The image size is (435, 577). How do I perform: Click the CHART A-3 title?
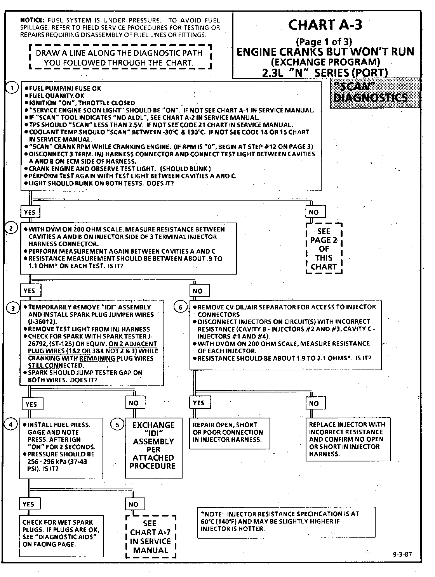click(325, 25)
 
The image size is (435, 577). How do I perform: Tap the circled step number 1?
click(12, 88)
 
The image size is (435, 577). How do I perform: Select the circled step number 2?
click(11, 228)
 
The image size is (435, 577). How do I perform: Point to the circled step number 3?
click(13, 308)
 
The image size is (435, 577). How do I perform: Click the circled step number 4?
click(10, 424)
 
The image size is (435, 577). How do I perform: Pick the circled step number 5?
click(117, 425)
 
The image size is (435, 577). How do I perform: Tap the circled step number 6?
click(180, 308)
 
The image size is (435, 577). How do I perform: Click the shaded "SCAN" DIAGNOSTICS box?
click(375, 93)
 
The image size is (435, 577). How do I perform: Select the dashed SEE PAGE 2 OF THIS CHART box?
click(324, 249)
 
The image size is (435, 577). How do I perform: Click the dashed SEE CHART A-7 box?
click(151, 537)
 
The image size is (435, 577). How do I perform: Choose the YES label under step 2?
click(29, 291)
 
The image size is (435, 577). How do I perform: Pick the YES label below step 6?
click(198, 403)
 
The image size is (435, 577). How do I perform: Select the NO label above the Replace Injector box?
click(314, 403)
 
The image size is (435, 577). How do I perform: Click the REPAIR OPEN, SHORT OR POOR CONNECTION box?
click(229, 432)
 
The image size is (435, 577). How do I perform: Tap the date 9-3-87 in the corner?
click(402, 554)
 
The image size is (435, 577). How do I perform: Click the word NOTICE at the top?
click(33, 20)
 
